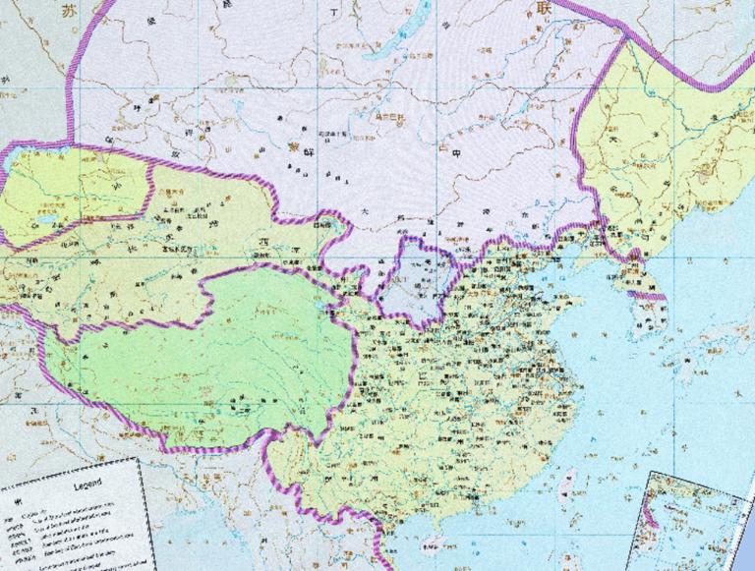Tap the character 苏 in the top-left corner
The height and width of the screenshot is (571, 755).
[67, 13]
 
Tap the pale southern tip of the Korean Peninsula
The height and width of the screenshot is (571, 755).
[649, 319]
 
